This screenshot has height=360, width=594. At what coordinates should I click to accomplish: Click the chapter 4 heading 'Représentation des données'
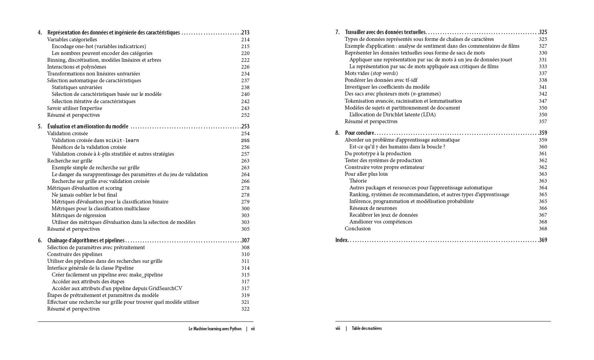click(x=113, y=33)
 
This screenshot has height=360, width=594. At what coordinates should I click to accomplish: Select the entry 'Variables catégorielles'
click(x=72, y=39)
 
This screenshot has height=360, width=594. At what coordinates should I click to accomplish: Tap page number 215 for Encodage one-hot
click(x=245, y=46)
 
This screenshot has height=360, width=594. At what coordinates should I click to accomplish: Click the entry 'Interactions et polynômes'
click(x=76, y=67)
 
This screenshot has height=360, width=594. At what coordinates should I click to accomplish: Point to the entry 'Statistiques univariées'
click(x=77, y=87)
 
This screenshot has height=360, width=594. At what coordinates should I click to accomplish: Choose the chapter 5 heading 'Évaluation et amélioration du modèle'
click(x=88, y=126)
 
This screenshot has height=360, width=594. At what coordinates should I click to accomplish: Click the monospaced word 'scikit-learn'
click(x=122, y=140)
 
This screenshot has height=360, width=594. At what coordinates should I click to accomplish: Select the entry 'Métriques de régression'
click(x=79, y=215)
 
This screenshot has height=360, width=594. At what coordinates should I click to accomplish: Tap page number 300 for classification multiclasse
click(x=245, y=208)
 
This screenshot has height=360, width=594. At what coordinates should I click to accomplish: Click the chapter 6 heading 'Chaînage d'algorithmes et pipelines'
click(x=86, y=240)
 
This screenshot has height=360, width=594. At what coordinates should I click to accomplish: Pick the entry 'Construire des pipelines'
click(x=74, y=254)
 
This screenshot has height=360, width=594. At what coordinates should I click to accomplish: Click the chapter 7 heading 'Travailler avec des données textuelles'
click(x=385, y=32)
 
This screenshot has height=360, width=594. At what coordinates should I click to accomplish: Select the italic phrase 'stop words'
click(x=384, y=73)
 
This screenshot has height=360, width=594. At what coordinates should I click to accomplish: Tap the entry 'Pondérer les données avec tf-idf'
click(x=381, y=80)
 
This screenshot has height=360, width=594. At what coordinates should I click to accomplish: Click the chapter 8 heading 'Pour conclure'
click(x=359, y=133)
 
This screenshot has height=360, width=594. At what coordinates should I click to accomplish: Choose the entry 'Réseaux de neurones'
click(x=373, y=208)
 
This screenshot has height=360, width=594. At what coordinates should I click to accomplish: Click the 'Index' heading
click(x=341, y=240)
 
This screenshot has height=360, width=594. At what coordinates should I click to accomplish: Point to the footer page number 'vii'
click(x=253, y=329)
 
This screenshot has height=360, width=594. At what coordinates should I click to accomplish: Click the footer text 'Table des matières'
click(x=366, y=328)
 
